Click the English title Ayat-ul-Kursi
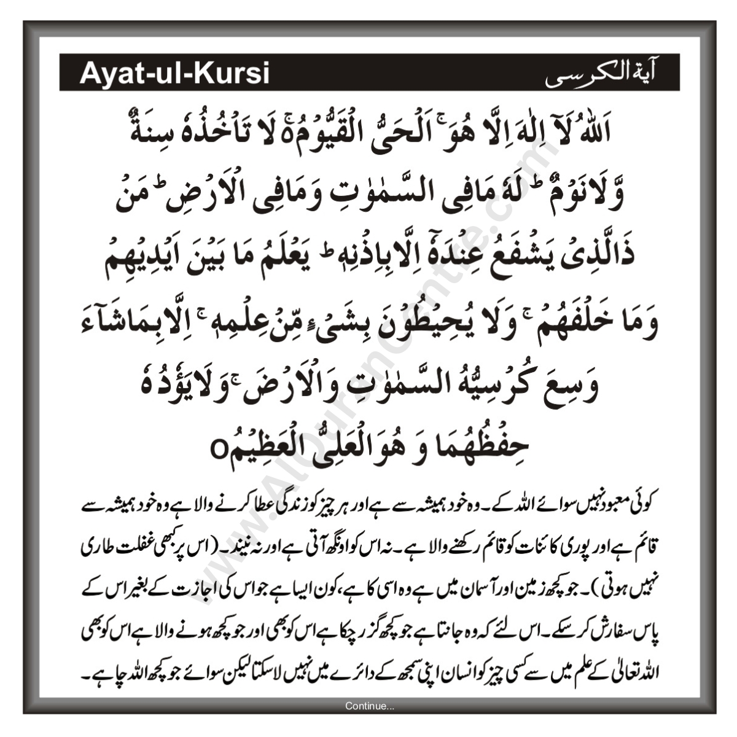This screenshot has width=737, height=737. coord(174,74)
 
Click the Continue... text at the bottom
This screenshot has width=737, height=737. coord(369,706)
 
